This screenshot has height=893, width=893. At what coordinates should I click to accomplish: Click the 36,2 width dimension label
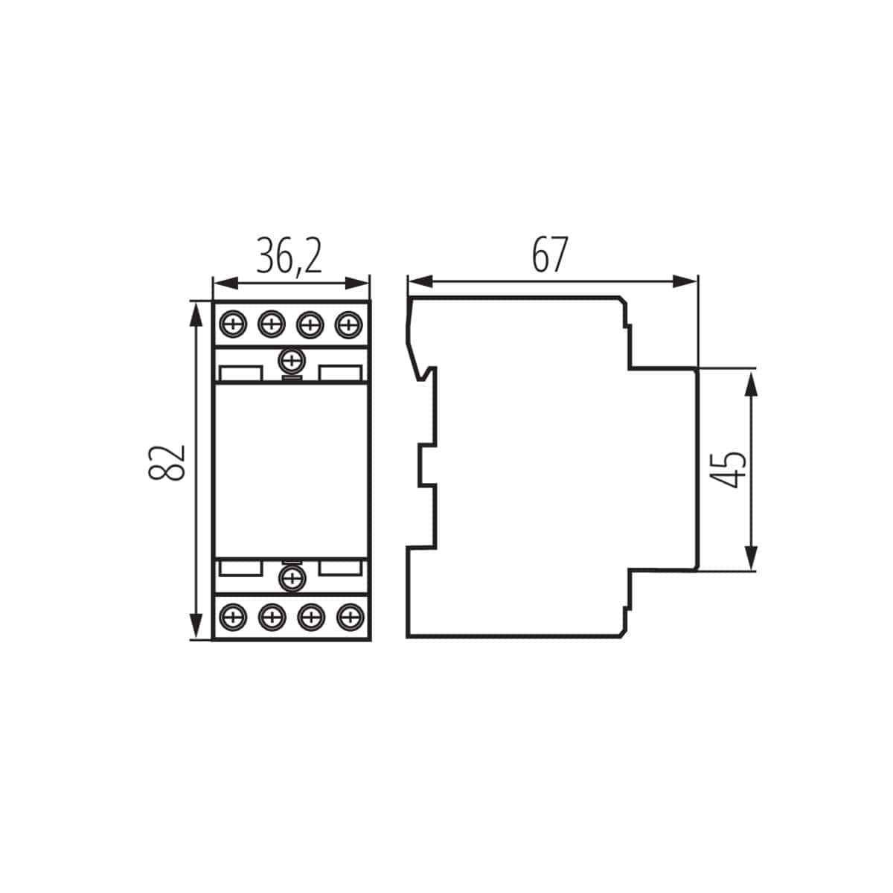(x=289, y=257)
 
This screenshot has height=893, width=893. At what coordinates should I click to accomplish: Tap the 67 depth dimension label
(x=550, y=255)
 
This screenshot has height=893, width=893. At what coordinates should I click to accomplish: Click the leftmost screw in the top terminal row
(x=234, y=324)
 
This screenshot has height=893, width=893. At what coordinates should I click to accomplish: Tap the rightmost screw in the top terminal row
(x=348, y=324)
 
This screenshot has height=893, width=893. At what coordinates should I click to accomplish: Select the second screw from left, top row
(x=272, y=324)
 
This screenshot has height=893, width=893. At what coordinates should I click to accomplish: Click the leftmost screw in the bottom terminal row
(x=234, y=616)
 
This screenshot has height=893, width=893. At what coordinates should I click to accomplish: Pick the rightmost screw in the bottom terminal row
(x=348, y=616)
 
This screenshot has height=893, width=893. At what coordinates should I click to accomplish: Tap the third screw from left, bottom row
(x=310, y=616)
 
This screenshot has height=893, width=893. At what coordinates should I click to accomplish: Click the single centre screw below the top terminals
(x=291, y=362)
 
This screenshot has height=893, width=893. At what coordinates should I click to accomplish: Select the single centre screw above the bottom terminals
(x=291, y=577)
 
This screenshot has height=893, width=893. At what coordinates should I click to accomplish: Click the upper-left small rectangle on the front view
(x=240, y=371)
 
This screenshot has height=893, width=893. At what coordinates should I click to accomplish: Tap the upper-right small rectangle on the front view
(x=342, y=371)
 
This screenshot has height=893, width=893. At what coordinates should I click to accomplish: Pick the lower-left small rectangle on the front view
(x=240, y=569)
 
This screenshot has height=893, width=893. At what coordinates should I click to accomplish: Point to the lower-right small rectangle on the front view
(x=342, y=569)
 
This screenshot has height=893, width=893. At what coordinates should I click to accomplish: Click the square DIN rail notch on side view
(x=426, y=465)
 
